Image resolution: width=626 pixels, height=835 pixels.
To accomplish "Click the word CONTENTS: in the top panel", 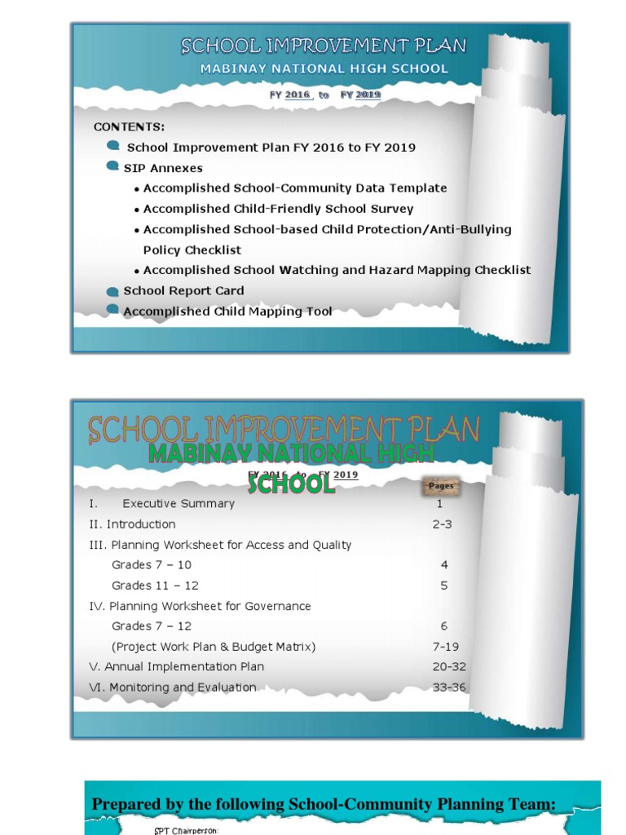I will pyautogui.click(x=129, y=127).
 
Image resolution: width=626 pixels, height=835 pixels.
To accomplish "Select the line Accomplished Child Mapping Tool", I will pyautogui.click(x=227, y=311).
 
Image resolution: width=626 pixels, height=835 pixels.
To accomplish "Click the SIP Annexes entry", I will pyautogui.click(x=163, y=168).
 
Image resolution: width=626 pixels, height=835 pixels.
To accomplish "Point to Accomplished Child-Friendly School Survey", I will pyautogui.click(x=278, y=209).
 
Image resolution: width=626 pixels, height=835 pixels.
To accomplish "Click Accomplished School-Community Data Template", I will pyautogui.click(x=294, y=188).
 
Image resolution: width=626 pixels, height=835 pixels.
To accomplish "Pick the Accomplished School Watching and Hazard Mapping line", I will pyautogui.click(x=337, y=270).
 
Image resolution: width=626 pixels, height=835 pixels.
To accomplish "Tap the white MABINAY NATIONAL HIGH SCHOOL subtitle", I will pyautogui.click(x=324, y=69).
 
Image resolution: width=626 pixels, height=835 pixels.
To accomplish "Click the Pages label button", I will pyautogui.click(x=441, y=486).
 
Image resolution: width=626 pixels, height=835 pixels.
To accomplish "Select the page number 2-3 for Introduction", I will pyautogui.click(x=442, y=524).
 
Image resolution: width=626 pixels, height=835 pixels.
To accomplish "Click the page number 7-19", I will pyautogui.click(x=445, y=647).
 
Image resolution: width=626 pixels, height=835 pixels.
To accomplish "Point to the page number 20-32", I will pyautogui.click(x=449, y=667).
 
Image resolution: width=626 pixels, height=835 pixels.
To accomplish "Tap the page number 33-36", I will pyautogui.click(x=449, y=687).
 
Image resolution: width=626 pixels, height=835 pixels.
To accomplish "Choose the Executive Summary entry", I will pyautogui.click(x=178, y=504).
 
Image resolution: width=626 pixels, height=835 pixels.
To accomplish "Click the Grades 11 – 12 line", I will pyautogui.click(x=155, y=585).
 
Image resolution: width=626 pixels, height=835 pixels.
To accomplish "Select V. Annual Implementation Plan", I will pyautogui.click(x=176, y=667).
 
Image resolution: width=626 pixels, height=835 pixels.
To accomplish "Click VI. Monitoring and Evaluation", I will pyautogui.click(x=172, y=687).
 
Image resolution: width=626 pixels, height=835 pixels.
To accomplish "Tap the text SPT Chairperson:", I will pyautogui.click(x=186, y=831).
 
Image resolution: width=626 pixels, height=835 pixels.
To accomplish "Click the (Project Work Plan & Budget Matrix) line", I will pyautogui.click(x=214, y=647).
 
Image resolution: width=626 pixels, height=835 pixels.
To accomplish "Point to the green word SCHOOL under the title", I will pyautogui.click(x=291, y=484).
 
